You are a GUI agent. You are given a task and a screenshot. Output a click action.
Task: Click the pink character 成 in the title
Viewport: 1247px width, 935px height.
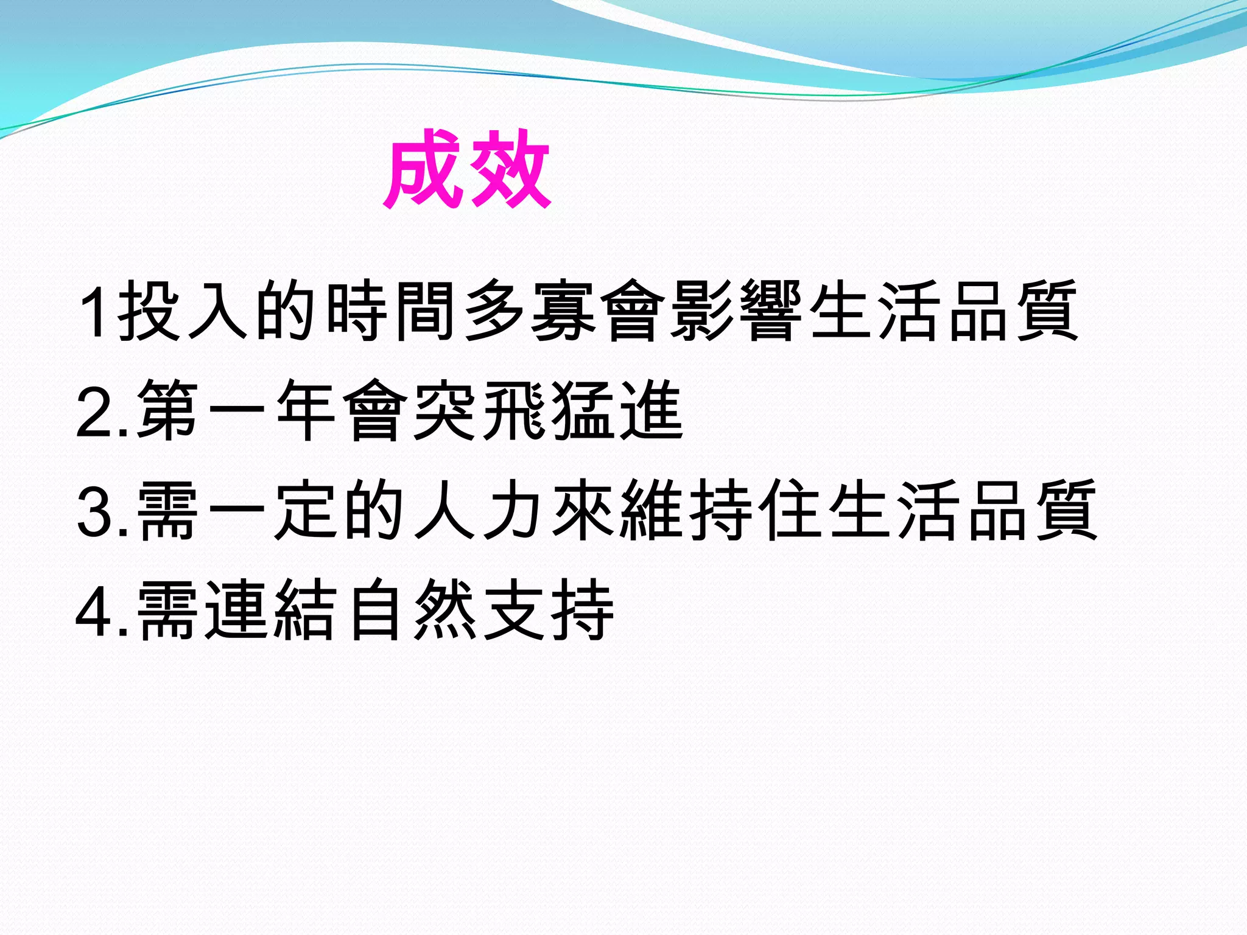tap(424, 169)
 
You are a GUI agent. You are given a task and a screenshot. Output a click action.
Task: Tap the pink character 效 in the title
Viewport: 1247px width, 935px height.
tap(510, 169)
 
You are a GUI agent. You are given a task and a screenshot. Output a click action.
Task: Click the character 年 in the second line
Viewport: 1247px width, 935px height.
tap(306, 410)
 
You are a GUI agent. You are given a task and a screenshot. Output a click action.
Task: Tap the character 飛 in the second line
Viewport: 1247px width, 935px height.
tap(513, 410)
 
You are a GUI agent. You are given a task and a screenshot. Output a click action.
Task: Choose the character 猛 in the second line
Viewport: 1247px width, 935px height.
tap(582, 410)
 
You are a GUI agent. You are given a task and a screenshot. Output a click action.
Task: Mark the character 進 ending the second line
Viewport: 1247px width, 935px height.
tap(652, 410)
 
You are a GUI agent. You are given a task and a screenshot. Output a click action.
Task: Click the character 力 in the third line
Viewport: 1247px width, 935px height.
tap(513, 510)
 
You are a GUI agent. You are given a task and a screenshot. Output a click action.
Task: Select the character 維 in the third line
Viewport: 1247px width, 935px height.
tap(652, 510)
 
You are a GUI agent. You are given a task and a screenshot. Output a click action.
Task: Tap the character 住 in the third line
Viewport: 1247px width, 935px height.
tap(790, 510)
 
